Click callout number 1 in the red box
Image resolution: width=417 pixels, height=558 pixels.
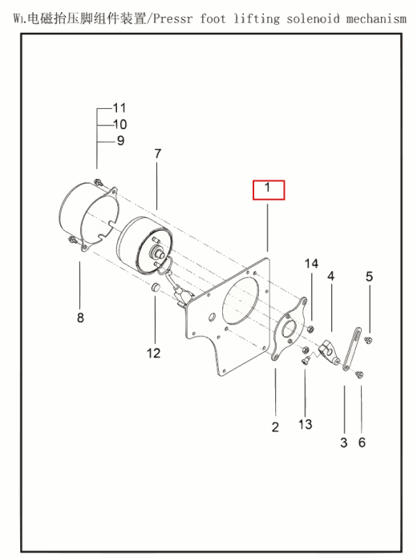269,189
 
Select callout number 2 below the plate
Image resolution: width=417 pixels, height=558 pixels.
275,427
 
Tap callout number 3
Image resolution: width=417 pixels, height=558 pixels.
343,443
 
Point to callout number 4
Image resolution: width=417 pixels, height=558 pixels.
330,276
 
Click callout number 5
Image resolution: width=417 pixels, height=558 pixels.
370,277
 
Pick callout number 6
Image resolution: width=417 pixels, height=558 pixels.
362,443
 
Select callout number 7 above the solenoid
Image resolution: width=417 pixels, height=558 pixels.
158,154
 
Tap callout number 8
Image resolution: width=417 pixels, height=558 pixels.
80,318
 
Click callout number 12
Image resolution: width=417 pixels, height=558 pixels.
153,353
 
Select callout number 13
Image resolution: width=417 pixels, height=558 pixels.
306,424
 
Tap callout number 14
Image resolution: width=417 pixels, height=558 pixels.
311,264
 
